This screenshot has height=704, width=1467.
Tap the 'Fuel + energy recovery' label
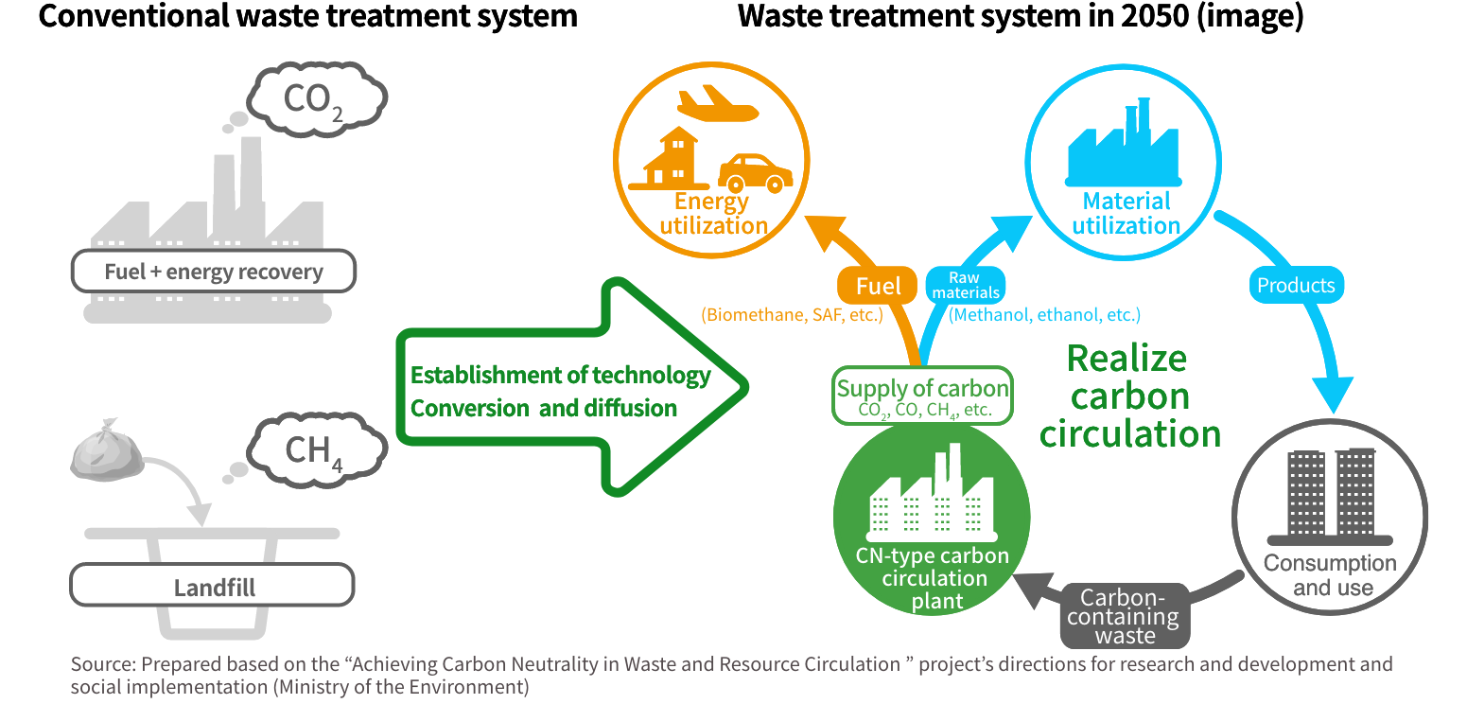click(x=214, y=273)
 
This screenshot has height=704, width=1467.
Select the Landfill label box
click(x=214, y=588)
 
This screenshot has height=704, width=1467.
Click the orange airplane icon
click(x=717, y=105)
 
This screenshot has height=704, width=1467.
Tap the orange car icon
click(x=754, y=172)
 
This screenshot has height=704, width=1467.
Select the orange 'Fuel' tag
click(x=878, y=286)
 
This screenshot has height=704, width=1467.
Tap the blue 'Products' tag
click(x=1295, y=285)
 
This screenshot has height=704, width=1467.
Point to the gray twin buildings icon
click(x=1330, y=492)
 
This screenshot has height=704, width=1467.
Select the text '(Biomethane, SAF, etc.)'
click(x=792, y=315)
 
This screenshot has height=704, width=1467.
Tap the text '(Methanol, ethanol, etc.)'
click(x=1044, y=315)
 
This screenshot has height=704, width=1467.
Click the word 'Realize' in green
click(x=1126, y=359)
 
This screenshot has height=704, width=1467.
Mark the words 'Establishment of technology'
click(x=559, y=376)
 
